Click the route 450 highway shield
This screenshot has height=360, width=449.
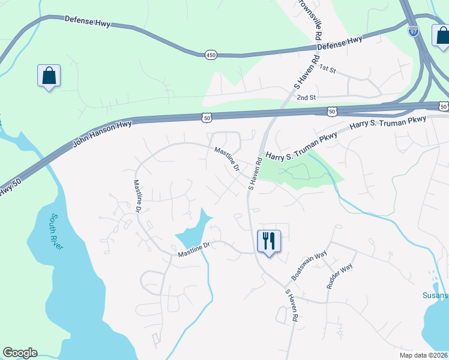210,55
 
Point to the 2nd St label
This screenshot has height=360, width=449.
306,97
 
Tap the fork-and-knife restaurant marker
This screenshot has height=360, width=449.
269,241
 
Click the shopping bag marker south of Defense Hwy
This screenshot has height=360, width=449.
49,76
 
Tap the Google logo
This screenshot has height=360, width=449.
20,353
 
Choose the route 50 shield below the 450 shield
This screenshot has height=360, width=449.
207,118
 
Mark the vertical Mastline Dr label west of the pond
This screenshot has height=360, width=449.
137,196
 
